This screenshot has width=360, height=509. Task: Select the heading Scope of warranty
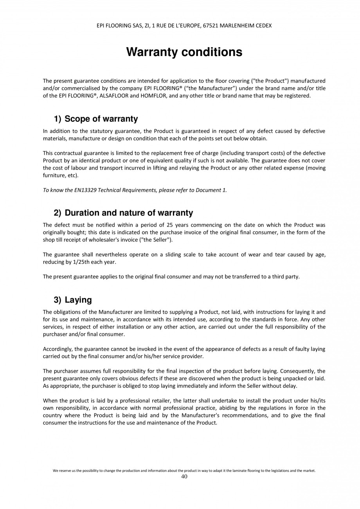101,119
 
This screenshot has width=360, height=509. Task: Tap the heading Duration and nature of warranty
129,213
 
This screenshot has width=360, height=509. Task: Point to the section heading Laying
78,300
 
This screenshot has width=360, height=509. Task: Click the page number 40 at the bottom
184,477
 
